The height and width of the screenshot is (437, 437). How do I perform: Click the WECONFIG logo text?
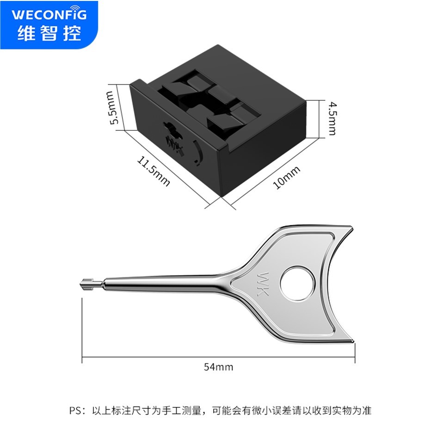49,14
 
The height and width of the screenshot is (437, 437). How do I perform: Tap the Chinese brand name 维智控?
49,33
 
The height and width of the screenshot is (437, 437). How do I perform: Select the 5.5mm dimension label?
113,108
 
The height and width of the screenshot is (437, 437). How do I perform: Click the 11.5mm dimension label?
153,171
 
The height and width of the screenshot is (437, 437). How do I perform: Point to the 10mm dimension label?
287,177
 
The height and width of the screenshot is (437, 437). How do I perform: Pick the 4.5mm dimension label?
332,118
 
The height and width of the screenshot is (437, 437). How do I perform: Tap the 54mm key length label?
218,367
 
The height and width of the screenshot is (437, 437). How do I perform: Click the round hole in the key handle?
297,284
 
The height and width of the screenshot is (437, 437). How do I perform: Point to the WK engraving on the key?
263,284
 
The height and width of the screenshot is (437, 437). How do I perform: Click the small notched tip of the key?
86,284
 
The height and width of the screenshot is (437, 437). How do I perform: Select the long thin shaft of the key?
162,284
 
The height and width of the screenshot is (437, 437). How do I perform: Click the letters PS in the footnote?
75,411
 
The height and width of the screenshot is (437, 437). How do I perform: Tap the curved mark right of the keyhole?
198,153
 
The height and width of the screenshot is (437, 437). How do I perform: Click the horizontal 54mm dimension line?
218,357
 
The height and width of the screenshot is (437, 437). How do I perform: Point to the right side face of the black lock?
264,148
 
